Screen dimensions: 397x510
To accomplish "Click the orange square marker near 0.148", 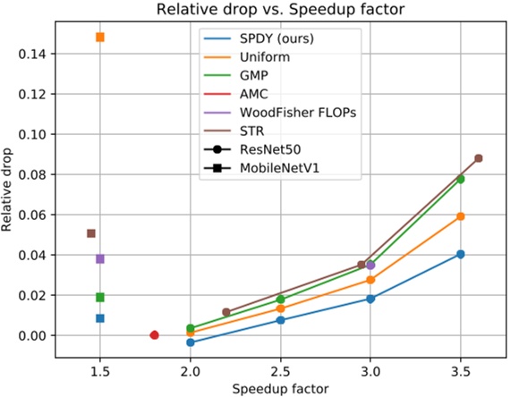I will [x=100, y=38].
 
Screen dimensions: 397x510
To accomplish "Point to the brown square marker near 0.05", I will [x=91, y=233].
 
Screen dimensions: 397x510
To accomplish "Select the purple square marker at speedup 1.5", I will [x=100, y=258].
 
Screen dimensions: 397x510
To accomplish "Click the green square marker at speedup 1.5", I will [x=100, y=297].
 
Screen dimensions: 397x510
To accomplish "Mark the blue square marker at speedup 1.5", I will [x=100, y=318].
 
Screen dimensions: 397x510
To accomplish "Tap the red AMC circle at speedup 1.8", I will [x=154, y=335].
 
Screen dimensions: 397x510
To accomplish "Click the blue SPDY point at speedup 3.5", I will [x=461, y=254].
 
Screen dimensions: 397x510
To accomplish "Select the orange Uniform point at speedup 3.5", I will [x=461, y=216].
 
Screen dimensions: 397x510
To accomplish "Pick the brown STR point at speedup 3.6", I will [x=479, y=158].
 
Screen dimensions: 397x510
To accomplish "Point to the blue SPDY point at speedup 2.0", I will [x=191, y=342].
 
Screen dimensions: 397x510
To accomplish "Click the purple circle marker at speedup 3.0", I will [x=370, y=266].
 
